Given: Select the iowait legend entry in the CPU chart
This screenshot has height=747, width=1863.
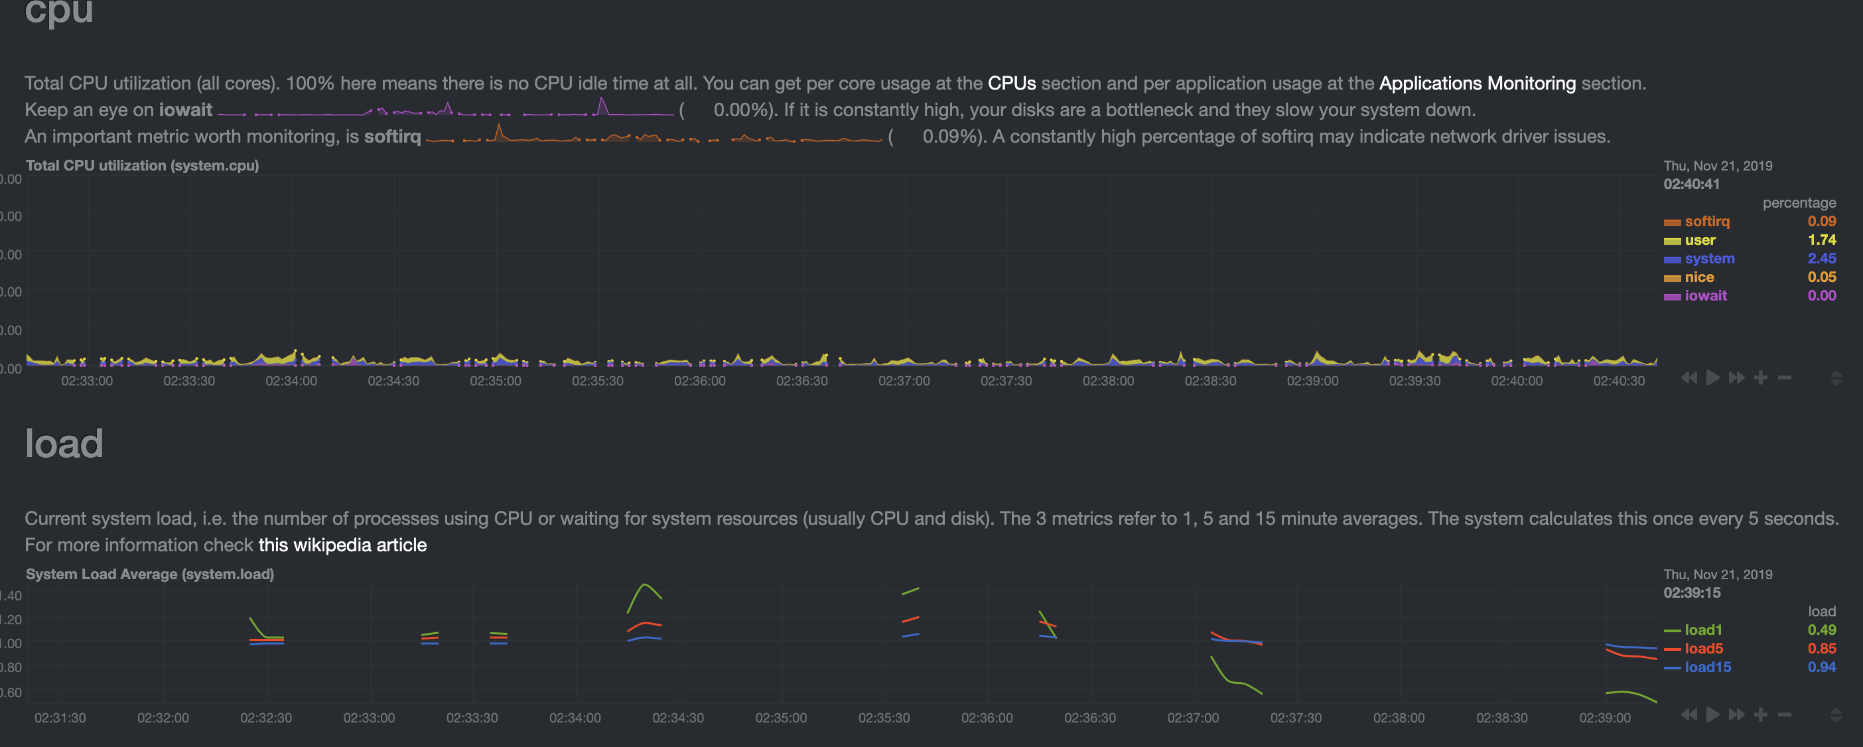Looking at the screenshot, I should click(x=1704, y=296).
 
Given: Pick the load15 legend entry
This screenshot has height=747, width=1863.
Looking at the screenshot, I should click(x=1707, y=667).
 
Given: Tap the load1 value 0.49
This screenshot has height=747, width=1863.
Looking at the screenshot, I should click(x=1821, y=630).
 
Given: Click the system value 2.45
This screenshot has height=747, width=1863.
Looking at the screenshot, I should click(x=1821, y=258).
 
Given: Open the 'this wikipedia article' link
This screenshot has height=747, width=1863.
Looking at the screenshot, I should click(x=342, y=545).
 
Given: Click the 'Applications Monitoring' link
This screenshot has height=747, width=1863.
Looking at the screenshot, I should click(x=1477, y=83).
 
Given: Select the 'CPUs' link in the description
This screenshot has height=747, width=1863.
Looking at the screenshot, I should click(x=1011, y=83).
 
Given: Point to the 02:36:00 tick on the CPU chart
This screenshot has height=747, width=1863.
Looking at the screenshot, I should click(x=699, y=381).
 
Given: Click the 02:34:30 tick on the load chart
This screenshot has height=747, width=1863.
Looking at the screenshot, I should click(x=677, y=718).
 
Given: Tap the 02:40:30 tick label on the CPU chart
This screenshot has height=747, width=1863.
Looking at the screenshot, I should click(x=1619, y=381).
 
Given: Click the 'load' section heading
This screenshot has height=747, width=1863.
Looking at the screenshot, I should click(x=64, y=443).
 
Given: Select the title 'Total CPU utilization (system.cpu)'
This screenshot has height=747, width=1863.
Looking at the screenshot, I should click(x=142, y=166).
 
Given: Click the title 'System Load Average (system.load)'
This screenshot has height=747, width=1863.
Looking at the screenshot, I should click(x=150, y=574).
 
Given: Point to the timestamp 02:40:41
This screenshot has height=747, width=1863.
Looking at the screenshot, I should click(x=1691, y=184).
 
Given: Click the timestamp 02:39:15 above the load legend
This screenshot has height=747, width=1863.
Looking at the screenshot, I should click(x=1691, y=592).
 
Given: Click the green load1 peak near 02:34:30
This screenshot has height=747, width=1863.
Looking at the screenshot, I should click(x=645, y=585).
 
